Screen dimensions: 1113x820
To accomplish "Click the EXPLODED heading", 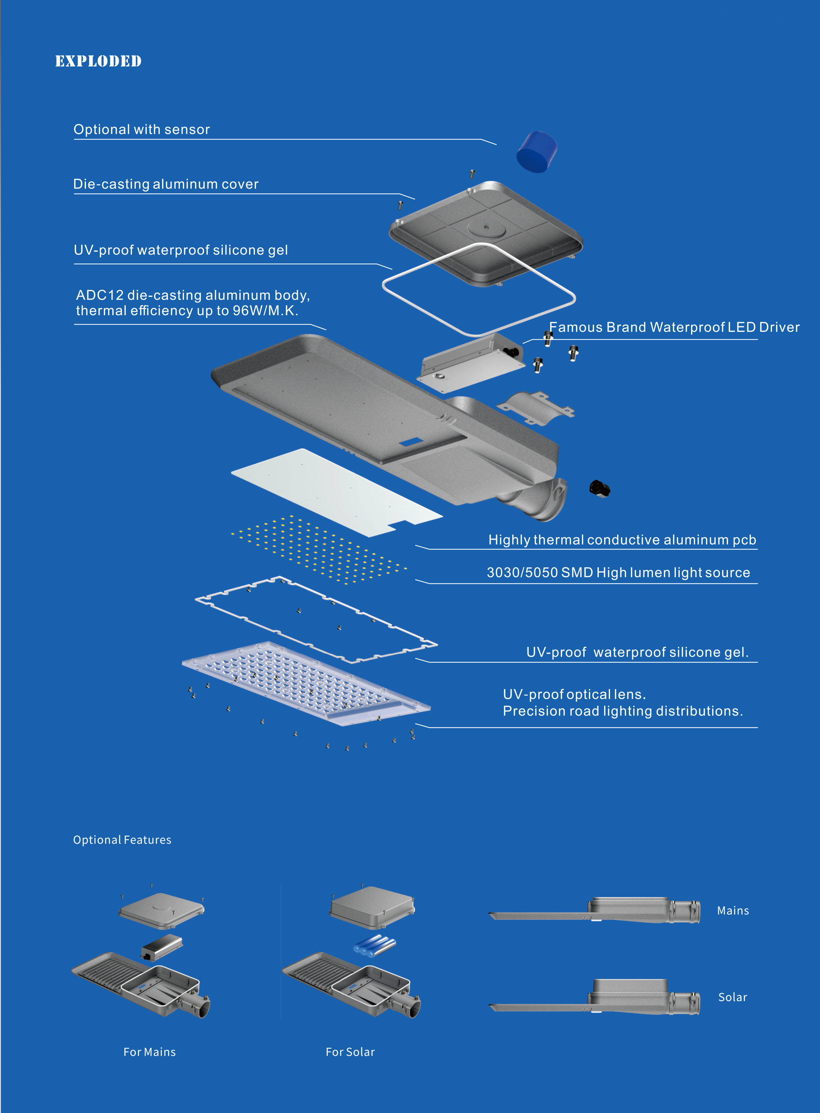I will [98, 61].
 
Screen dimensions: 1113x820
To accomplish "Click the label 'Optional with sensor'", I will [142, 130].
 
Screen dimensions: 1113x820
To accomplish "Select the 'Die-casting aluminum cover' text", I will [166, 184].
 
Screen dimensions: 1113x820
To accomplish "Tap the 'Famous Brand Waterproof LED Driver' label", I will [674, 327].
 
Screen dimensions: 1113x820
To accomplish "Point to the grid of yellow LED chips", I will [318, 549].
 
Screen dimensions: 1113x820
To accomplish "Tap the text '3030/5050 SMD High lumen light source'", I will [618, 572].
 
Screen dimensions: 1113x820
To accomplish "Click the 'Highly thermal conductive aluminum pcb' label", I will [622, 540].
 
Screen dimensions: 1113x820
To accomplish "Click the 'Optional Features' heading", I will [122, 840].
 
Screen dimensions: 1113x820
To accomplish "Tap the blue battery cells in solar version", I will [374, 945].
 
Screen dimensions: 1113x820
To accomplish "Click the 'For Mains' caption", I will [149, 1052].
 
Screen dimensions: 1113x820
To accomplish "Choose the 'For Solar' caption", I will [350, 1052].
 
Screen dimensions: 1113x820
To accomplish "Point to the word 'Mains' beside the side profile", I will [733, 910].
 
